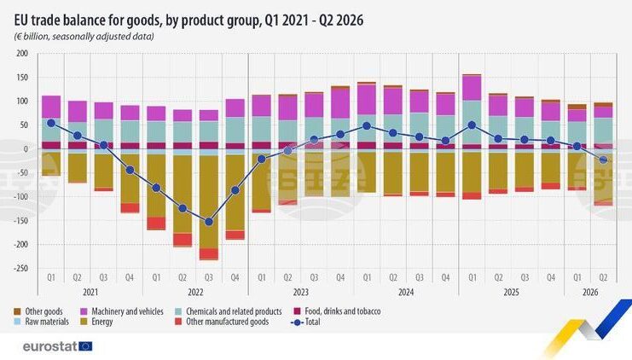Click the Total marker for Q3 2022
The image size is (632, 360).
click(209, 222)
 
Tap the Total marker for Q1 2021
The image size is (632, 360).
click(51, 124)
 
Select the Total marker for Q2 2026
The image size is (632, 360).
click(603, 160)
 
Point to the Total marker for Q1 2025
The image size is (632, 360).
click(472, 125)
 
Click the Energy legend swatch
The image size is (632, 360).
click(84, 322)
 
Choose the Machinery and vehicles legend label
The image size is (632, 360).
click(127, 311)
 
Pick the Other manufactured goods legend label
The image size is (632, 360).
click(228, 322)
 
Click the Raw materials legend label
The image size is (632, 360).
click(47, 322)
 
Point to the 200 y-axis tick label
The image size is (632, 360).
click(22, 54)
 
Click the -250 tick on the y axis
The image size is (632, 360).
click(20, 268)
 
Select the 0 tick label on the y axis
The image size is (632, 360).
click(26, 149)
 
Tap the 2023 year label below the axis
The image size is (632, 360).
click(301, 293)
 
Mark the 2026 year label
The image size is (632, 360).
click(590, 293)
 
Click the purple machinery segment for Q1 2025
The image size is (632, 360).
click(472, 88)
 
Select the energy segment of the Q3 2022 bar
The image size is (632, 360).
click(209, 202)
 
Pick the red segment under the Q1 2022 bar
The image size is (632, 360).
click(156, 224)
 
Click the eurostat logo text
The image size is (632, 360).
click(50, 346)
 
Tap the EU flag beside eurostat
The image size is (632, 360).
click(85, 346)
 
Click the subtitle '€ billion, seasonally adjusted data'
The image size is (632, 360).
click(84, 37)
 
